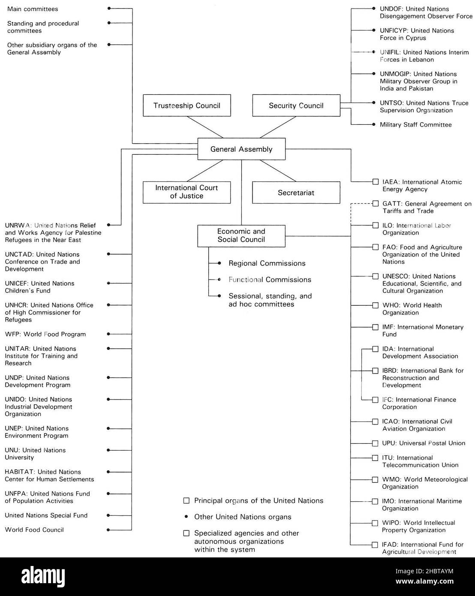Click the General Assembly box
[x=241, y=149]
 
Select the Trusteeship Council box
[x=186, y=105]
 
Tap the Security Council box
[x=296, y=105]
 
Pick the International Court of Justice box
[x=186, y=192]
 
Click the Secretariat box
[x=296, y=193]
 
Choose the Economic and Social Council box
[x=241, y=236]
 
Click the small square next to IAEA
[x=376, y=182]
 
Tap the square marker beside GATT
[x=376, y=204]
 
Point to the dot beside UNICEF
[x=109, y=283]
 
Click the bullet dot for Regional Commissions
[x=219, y=263]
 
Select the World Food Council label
[x=34, y=530]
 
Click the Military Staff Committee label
[x=415, y=125]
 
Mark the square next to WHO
[x=376, y=305]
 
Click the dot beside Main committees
[x=109, y=9]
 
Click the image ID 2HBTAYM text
[x=424, y=571]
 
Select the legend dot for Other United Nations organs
[x=186, y=517]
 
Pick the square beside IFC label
[x=376, y=400]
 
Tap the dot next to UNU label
[x=109, y=450]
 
